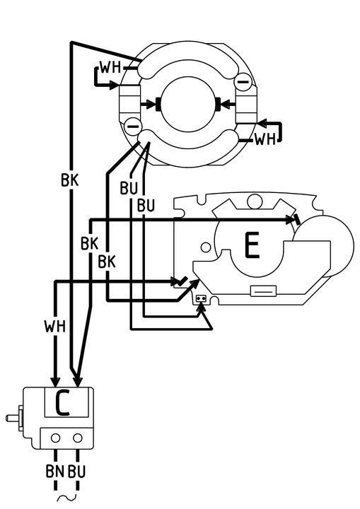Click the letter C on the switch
(x=62, y=402)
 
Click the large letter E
(x=252, y=245)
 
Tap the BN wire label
(x=55, y=471)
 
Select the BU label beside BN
(x=76, y=471)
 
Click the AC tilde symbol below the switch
(x=66, y=497)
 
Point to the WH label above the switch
(x=55, y=326)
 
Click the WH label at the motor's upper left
(x=110, y=68)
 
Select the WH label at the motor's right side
(x=265, y=139)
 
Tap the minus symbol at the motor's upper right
(x=243, y=81)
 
